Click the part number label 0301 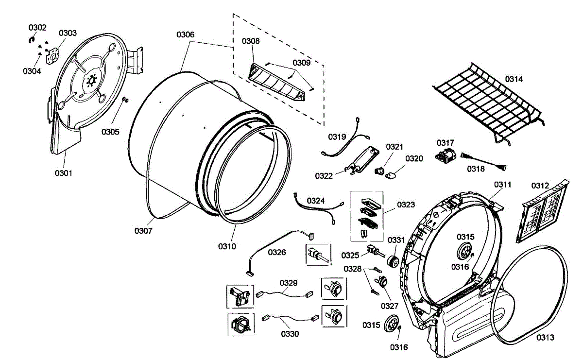(x=63, y=172)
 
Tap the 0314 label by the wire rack (x=514, y=79)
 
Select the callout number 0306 (x=185, y=34)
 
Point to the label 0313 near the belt (x=545, y=338)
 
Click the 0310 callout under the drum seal (x=226, y=246)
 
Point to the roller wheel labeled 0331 (x=393, y=262)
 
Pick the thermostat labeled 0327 (x=382, y=282)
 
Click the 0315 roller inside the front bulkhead (x=465, y=252)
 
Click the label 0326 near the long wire (x=276, y=252)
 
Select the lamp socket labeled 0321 (x=380, y=169)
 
